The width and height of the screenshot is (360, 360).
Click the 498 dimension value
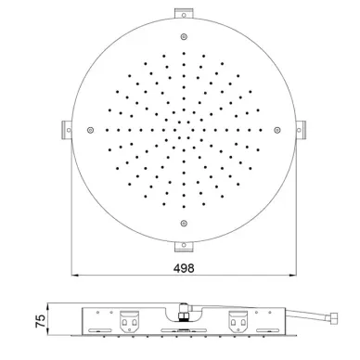[x=184, y=268]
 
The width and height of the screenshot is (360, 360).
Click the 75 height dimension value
[x=41, y=321]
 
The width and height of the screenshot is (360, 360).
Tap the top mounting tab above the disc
[x=184, y=13]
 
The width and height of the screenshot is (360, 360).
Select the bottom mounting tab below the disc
[x=184, y=247]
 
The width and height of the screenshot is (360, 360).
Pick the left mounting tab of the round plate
[x=67, y=130]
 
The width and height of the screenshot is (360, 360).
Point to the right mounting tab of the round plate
[x=301, y=130]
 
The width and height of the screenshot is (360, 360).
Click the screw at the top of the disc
[x=184, y=36]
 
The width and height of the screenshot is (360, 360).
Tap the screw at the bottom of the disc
[x=184, y=223]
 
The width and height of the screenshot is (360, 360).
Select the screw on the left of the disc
[x=90, y=130]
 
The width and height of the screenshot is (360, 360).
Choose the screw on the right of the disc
[x=277, y=130]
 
